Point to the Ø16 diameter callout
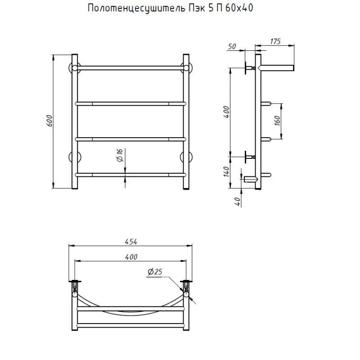[x=120, y=156]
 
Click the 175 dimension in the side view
[x=275, y=41]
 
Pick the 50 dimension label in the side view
[x=232, y=46]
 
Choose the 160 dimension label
[x=277, y=121]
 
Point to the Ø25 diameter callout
[x=154, y=271]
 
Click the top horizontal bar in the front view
[x=130, y=68]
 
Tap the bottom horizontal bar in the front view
[x=130, y=174]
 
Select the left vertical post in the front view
[x=75, y=121]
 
